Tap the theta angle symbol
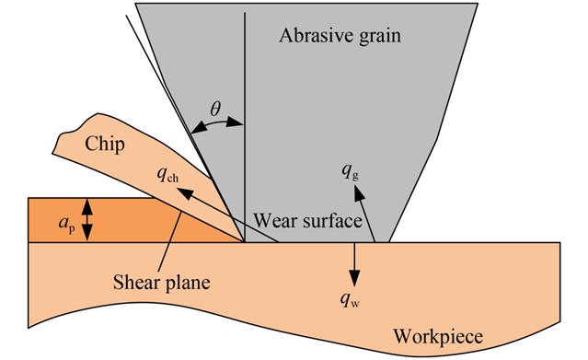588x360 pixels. point(215,109)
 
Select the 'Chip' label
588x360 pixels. point(105,145)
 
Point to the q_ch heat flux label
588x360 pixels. point(167,175)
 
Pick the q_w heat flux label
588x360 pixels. point(350,299)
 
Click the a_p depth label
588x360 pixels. point(67,224)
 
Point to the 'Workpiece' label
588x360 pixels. point(438,337)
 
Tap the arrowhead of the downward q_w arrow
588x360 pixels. point(354,279)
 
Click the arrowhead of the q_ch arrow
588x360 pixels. point(185,193)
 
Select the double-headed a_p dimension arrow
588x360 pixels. point(87,220)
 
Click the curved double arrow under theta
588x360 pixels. point(217,125)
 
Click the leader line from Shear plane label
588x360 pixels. point(170,241)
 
